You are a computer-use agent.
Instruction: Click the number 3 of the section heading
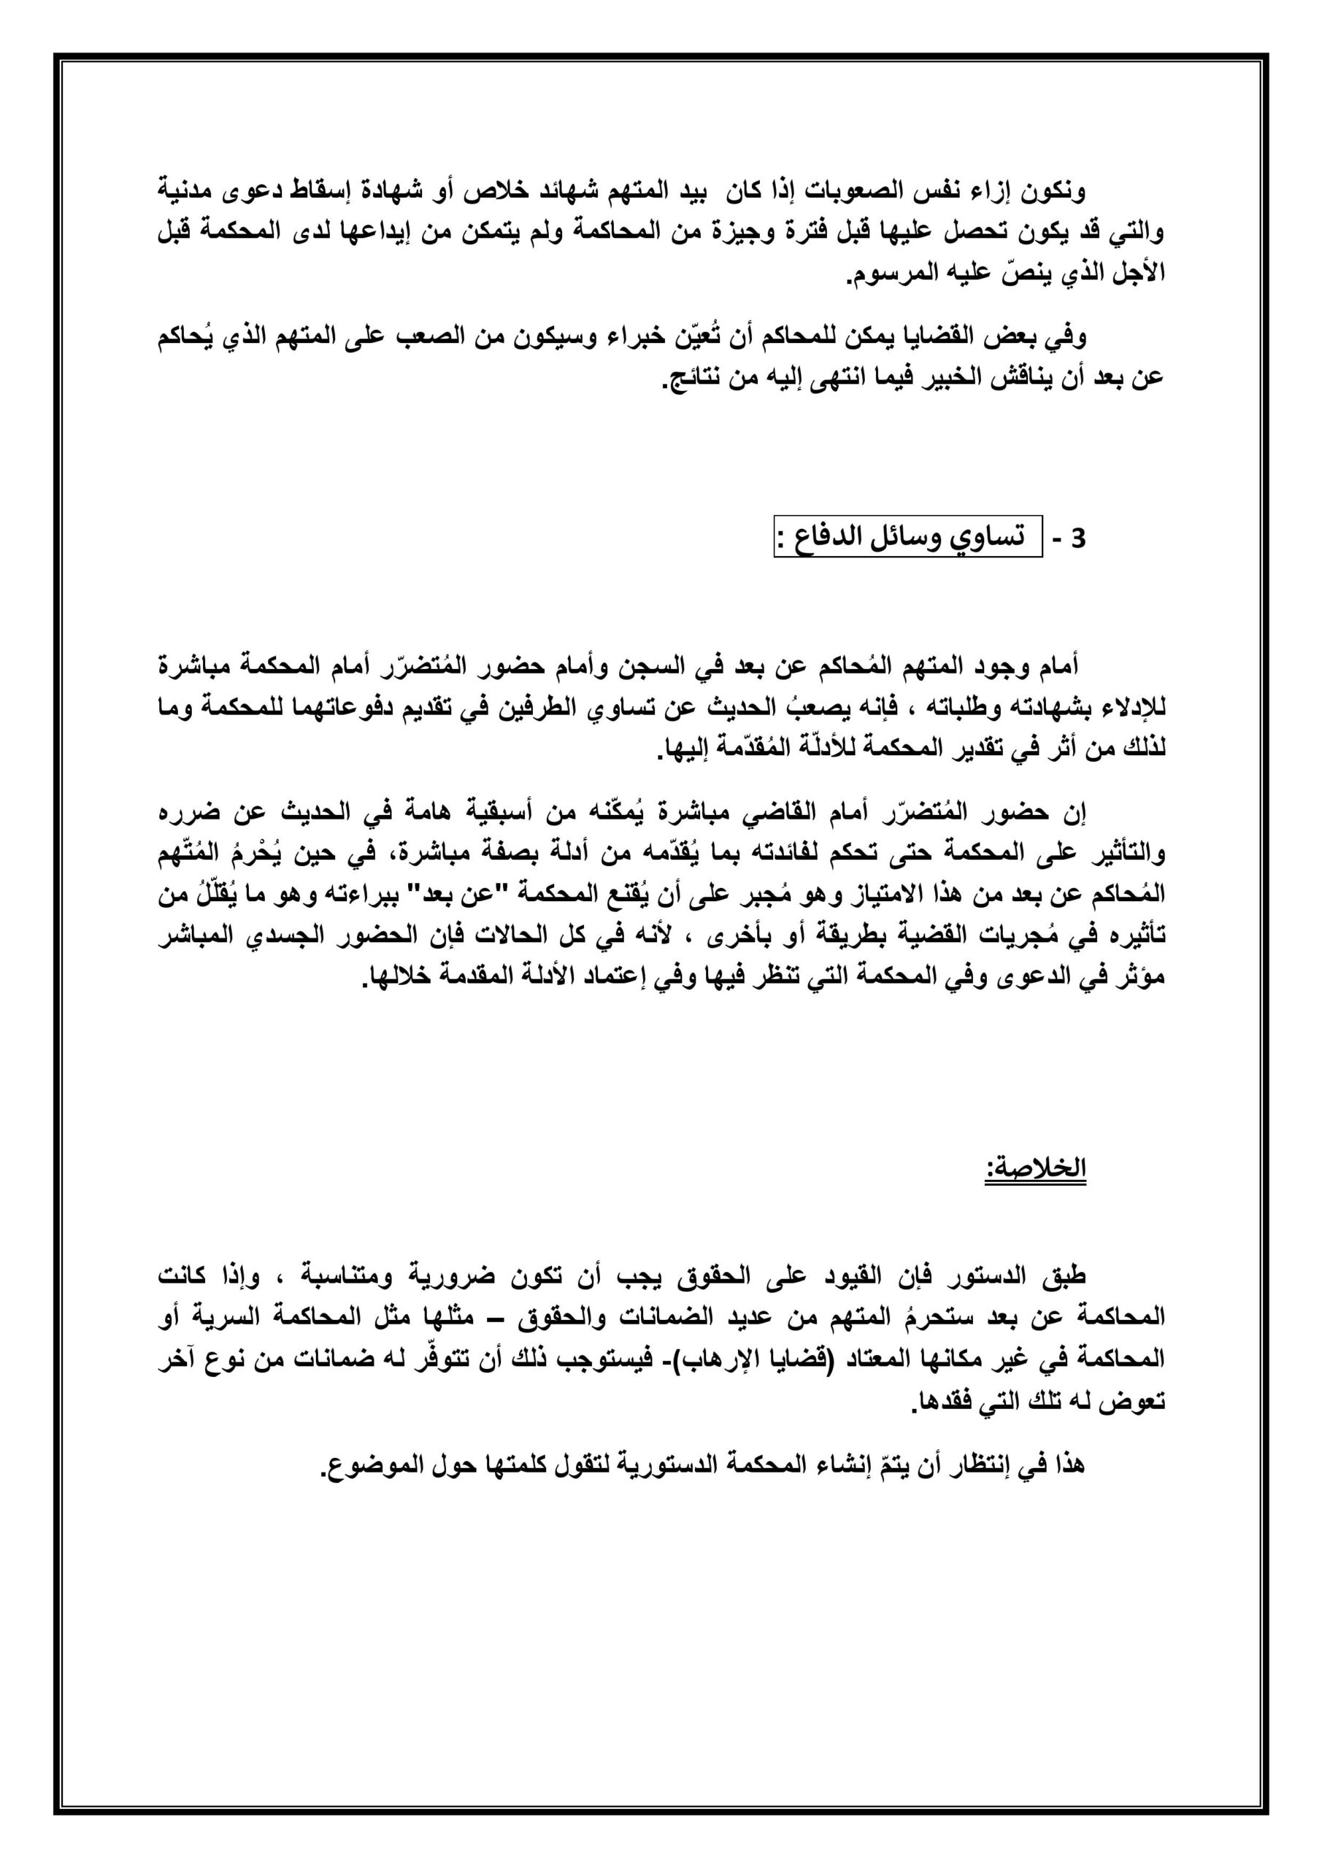click(1080, 539)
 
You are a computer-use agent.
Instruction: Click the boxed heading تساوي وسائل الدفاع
click(907, 539)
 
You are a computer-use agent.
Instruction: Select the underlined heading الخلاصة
click(1037, 1169)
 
